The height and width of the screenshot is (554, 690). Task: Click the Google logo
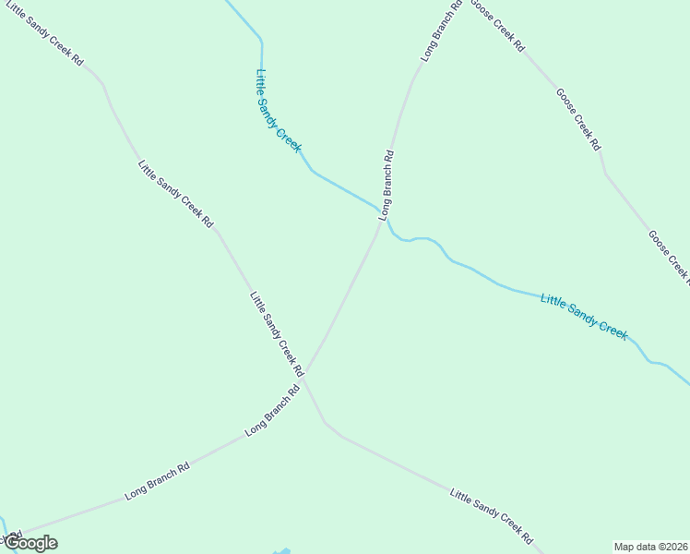click(x=31, y=543)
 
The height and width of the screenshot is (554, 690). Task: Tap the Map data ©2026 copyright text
click(x=651, y=547)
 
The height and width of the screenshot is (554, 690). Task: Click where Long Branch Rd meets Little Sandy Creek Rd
click(x=307, y=373)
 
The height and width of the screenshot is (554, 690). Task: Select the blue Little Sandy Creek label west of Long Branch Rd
click(x=279, y=111)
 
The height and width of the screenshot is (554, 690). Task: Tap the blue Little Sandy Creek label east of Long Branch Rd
click(x=584, y=316)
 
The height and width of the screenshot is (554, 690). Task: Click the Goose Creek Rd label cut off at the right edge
click(x=669, y=256)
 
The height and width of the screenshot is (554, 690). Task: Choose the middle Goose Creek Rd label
click(x=578, y=119)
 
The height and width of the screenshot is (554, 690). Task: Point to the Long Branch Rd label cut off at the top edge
click(x=441, y=31)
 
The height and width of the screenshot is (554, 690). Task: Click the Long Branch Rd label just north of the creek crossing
click(x=387, y=185)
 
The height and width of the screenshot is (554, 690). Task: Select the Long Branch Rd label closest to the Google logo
click(x=157, y=480)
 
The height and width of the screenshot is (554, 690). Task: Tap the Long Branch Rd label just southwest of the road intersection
click(x=273, y=410)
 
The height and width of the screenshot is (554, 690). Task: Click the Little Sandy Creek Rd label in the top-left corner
click(x=44, y=32)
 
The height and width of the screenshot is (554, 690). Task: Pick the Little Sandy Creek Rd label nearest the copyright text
click(x=492, y=516)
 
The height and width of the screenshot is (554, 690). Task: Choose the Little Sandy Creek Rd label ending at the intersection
click(x=277, y=333)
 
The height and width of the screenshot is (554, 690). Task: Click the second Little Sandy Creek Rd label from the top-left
click(x=175, y=194)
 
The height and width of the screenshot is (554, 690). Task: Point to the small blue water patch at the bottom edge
click(x=282, y=551)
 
